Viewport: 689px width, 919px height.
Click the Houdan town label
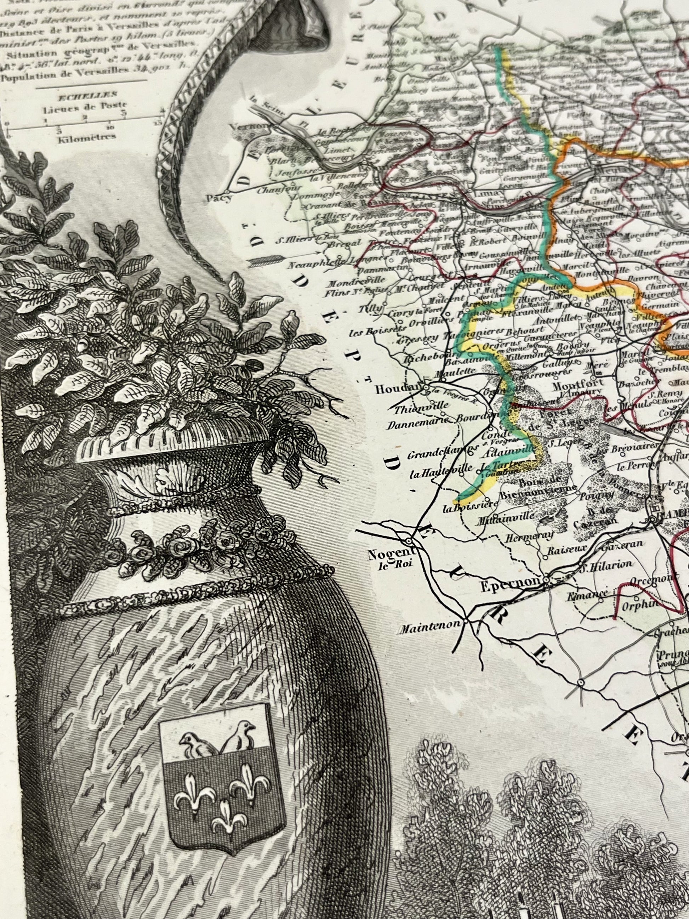coord(398,389)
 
